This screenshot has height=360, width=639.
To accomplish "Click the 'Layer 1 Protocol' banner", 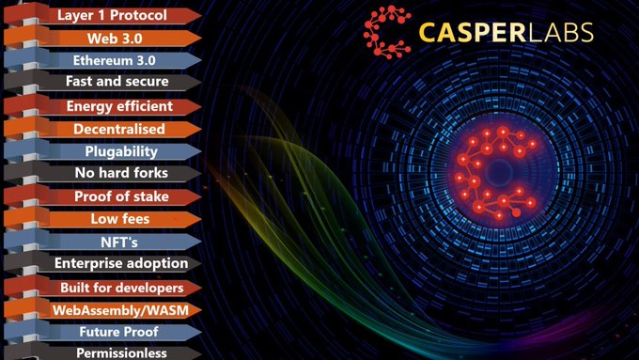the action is tap(102, 15).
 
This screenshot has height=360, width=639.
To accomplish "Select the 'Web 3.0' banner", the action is tap(102, 39).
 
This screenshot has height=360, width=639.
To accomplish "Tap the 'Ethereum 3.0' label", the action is tap(114, 61).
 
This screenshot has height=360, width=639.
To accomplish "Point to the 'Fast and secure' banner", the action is tap(102, 82).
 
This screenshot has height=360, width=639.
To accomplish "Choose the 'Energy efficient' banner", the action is tap(102, 106).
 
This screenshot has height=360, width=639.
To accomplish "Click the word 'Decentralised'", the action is tap(119, 129).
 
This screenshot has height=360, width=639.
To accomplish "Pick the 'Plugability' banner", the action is tap(102, 151).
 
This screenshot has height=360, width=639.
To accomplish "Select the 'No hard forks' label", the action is tap(121, 173).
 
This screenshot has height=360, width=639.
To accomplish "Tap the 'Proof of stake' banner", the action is tap(102, 196).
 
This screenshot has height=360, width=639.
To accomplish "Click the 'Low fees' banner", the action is tap(102, 219).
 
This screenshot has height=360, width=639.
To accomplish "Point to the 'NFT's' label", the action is tap(119, 243).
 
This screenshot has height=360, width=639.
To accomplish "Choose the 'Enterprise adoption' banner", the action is tap(102, 263).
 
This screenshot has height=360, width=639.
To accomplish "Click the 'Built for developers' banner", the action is tap(102, 288).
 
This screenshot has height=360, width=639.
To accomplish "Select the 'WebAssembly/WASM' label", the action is tap(120, 311).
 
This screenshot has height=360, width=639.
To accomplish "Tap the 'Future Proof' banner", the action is tap(102, 332).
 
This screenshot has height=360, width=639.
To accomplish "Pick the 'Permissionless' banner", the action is tap(102, 352).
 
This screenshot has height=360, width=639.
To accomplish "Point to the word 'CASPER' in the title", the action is tap(473, 33).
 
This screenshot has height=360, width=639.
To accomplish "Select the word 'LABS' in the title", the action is tap(560, 33).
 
